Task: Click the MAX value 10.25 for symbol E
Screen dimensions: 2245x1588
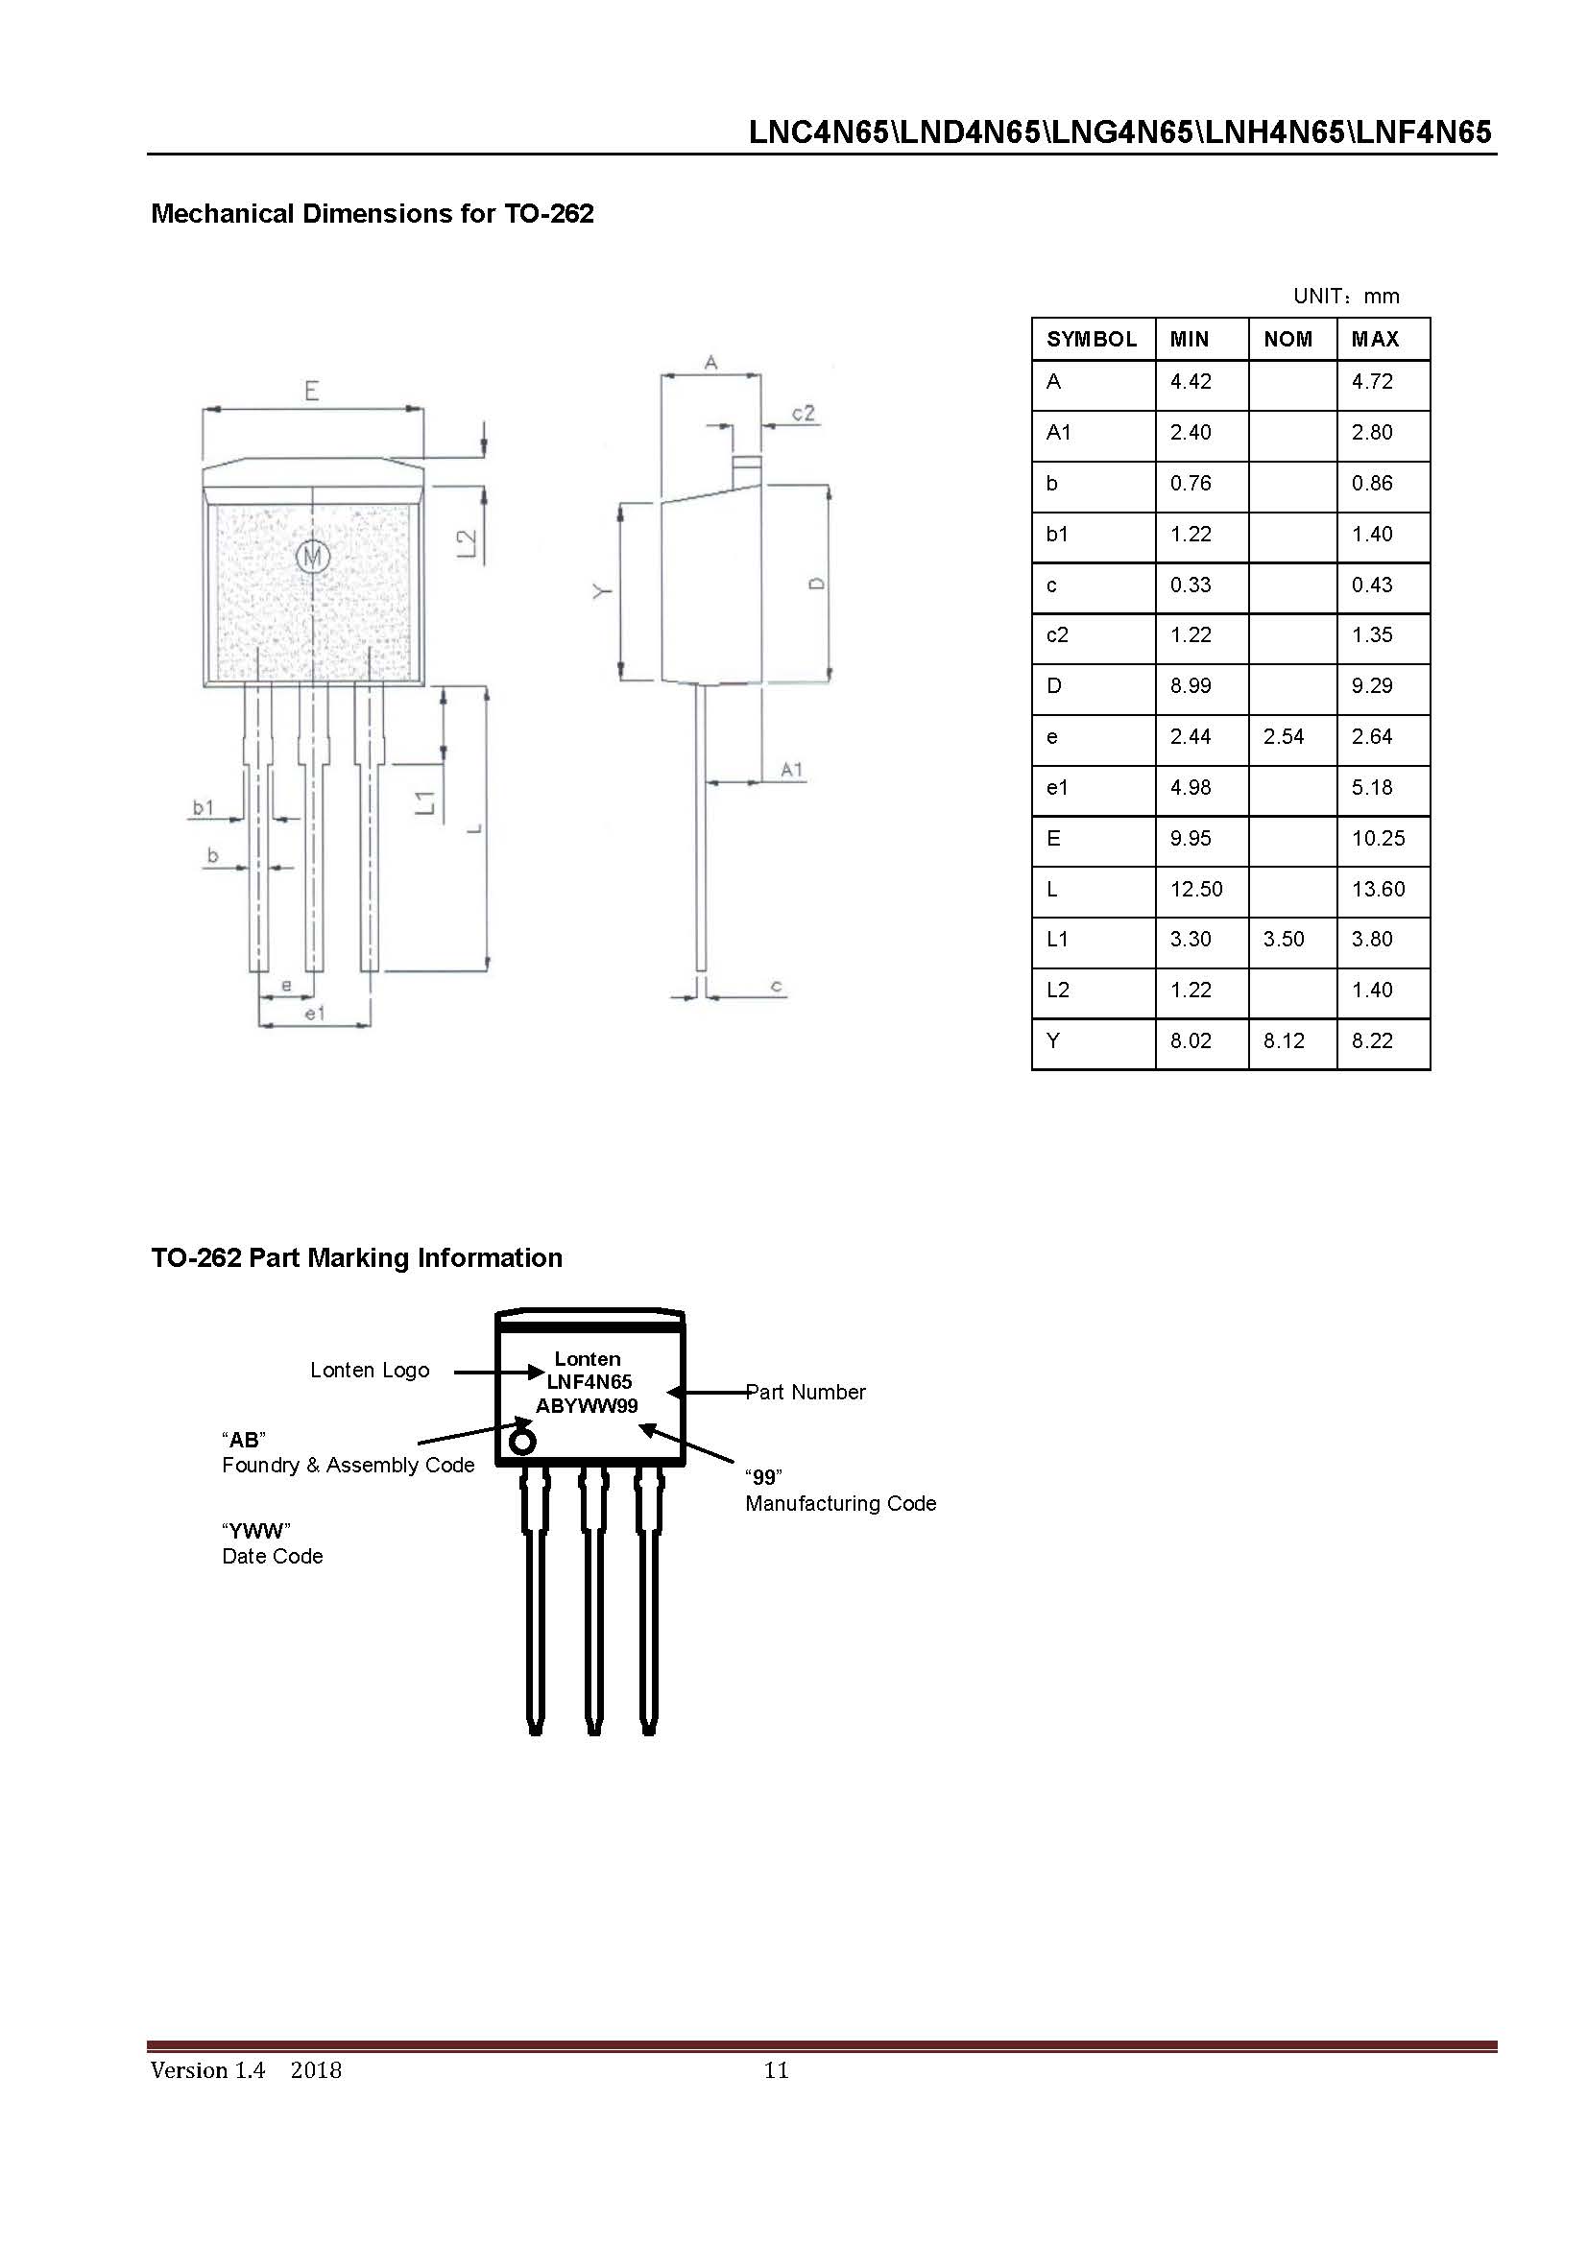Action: point(1377,838)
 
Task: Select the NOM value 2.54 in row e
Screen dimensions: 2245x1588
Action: point(1282,736)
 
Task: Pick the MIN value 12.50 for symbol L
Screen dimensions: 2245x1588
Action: point(1195,889)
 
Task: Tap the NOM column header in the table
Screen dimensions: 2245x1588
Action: point(1287,339)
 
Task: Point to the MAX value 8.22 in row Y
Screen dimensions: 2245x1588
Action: point(1371,1040)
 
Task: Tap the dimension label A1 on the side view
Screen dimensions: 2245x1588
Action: point(791,770)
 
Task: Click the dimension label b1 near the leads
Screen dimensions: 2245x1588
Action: point(203,806)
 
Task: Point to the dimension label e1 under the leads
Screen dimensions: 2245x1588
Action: point(313,1014)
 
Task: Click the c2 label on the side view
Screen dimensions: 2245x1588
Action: point(803,413)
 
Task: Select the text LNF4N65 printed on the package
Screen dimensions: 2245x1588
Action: point(588,1381)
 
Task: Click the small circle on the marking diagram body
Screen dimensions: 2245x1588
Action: point(522,1443)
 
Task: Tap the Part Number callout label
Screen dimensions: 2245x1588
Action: point(805,1392)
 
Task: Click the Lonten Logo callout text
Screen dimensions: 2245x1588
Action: point(370,1370)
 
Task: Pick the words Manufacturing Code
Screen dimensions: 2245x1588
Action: point(840,1503)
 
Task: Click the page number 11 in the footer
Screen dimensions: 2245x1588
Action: point(776,2070)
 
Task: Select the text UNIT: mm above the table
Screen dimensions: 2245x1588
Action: point(1345,296)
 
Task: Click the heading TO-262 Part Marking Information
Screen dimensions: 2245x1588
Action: point(356,1257)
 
